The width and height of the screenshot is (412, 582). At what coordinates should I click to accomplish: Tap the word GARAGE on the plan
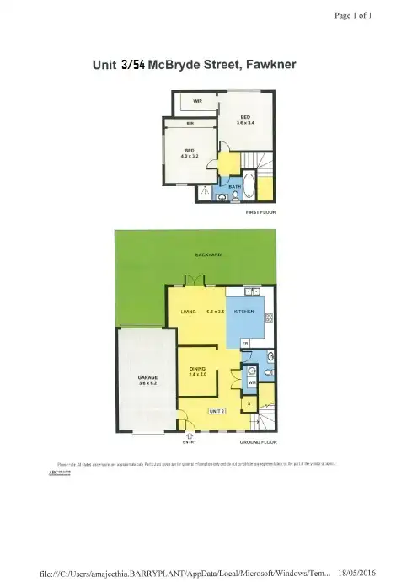136,376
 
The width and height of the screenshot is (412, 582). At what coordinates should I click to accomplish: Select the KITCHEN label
244,312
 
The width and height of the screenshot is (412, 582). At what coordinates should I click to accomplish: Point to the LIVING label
189,312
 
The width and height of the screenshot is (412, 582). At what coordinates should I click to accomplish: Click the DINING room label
198,368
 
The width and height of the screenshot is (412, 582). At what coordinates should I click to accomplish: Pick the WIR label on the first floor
198,101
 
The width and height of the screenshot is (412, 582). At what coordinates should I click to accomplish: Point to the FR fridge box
245,344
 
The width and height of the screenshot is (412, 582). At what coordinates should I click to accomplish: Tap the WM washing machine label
251,382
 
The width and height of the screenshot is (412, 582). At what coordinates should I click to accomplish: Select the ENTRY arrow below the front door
190,435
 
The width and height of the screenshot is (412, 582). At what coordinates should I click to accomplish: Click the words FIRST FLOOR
260,211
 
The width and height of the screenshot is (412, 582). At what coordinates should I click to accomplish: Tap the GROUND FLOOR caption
258,441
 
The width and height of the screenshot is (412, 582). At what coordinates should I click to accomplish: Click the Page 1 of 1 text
353,15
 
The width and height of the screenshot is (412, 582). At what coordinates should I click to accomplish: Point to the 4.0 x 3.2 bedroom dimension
190,155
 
